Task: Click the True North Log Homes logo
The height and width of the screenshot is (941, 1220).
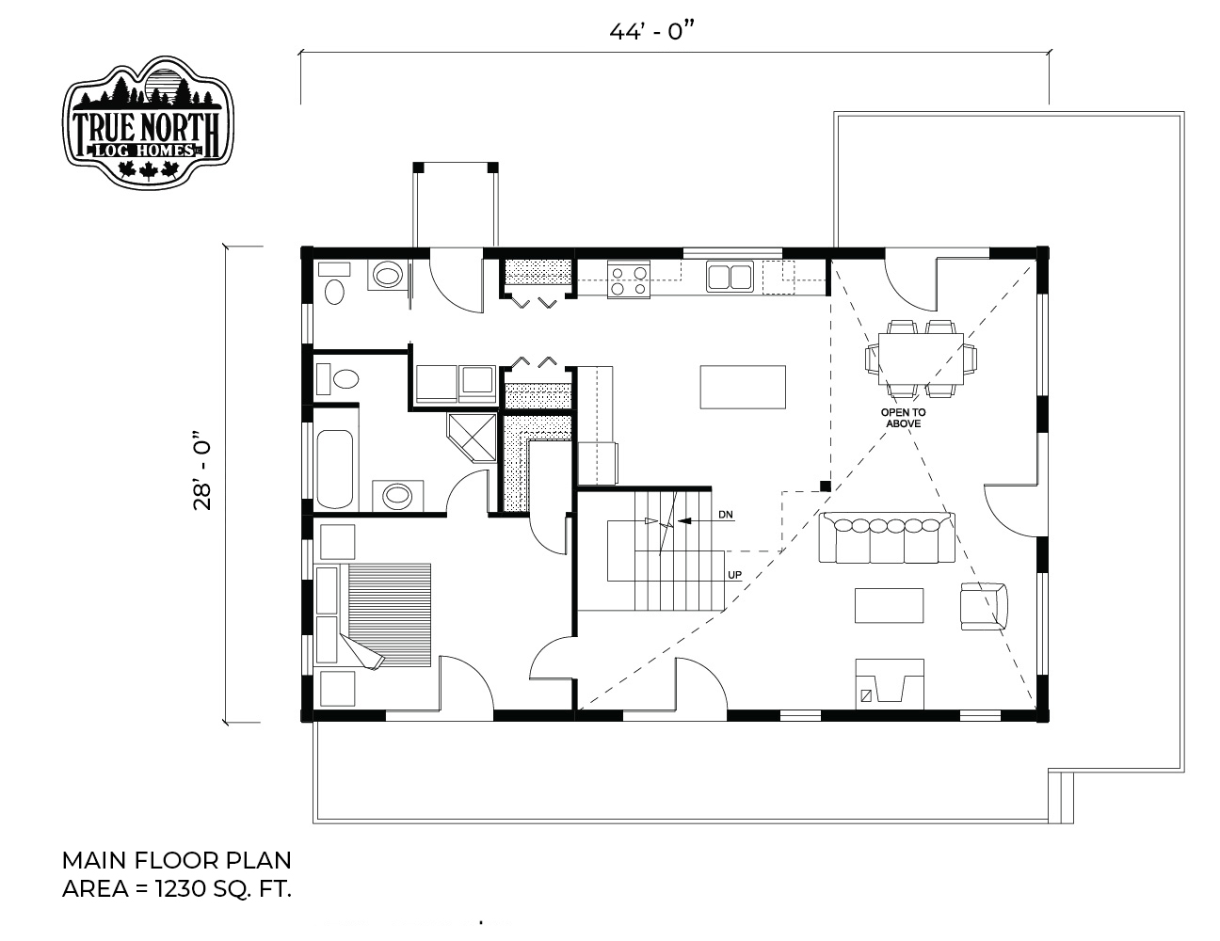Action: (x=148, y=122)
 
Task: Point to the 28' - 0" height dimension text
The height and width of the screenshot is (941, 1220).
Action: (x=202, y=470)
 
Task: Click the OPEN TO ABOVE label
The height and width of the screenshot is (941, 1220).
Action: (x=903, y=418)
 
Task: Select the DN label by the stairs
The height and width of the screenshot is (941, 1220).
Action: (x=726, y=515)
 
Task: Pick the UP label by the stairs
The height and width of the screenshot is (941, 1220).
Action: (x=734, y=575)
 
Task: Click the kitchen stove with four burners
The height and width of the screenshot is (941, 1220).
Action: (x=628, y=279)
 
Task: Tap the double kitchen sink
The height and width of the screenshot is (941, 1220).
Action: (x=730, y=277)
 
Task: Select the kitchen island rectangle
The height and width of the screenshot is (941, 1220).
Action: (x=742, y=387)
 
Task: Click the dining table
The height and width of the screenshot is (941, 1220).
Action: (x=921, y=359)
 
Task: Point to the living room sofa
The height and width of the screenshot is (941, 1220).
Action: (x=887, y=537)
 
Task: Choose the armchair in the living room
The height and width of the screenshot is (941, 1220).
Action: (x=983, y=606)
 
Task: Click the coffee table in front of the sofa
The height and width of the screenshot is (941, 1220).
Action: (x=889, y=605)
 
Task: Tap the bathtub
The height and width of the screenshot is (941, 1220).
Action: (x=336, y=469)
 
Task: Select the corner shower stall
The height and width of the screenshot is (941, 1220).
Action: (x=473, y=438)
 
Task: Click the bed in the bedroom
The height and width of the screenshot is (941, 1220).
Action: (x=374, y=615)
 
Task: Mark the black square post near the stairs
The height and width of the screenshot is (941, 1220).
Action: (x=825, y=486)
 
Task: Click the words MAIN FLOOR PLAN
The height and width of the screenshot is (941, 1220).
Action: (x=176, y=860)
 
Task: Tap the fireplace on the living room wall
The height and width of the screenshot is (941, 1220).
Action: (x=890, y=684)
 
